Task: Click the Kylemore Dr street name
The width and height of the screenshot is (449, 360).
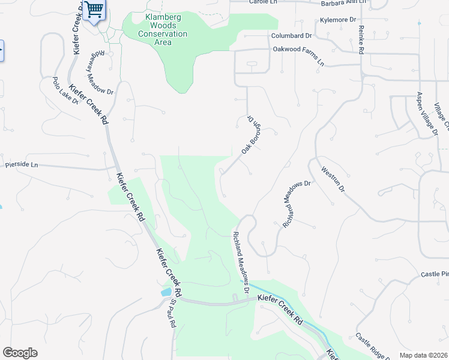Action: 339,20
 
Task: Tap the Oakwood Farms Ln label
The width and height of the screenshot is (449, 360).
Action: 298,56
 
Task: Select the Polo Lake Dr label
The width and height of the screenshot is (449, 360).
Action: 66,91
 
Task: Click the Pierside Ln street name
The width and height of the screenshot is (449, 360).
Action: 22,164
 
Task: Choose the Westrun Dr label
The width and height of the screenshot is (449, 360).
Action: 333,179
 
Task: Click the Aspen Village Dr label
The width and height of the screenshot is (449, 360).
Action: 427,113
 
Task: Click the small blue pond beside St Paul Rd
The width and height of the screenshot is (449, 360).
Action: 165,293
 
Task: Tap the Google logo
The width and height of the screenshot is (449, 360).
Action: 20,353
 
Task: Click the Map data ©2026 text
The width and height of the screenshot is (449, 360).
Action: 423,355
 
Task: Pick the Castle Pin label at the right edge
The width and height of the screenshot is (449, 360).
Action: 435,274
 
